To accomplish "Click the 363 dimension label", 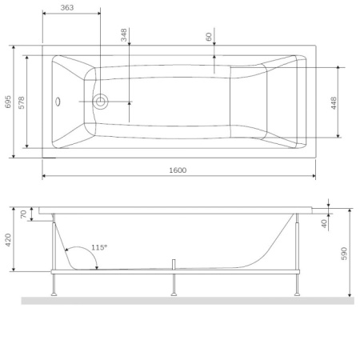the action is click(67, 7).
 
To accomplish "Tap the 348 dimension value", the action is click(124, 35).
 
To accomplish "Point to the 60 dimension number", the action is click(209, 37).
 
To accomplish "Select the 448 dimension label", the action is click(334, 103).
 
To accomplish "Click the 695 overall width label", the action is click(8, 102).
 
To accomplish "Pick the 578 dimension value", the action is click(22, 102).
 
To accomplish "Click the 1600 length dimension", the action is click(178, 170).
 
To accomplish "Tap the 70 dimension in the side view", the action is click(23, 214).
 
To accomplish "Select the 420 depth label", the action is click(8, 240).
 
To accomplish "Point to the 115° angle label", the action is click(99, 247).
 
